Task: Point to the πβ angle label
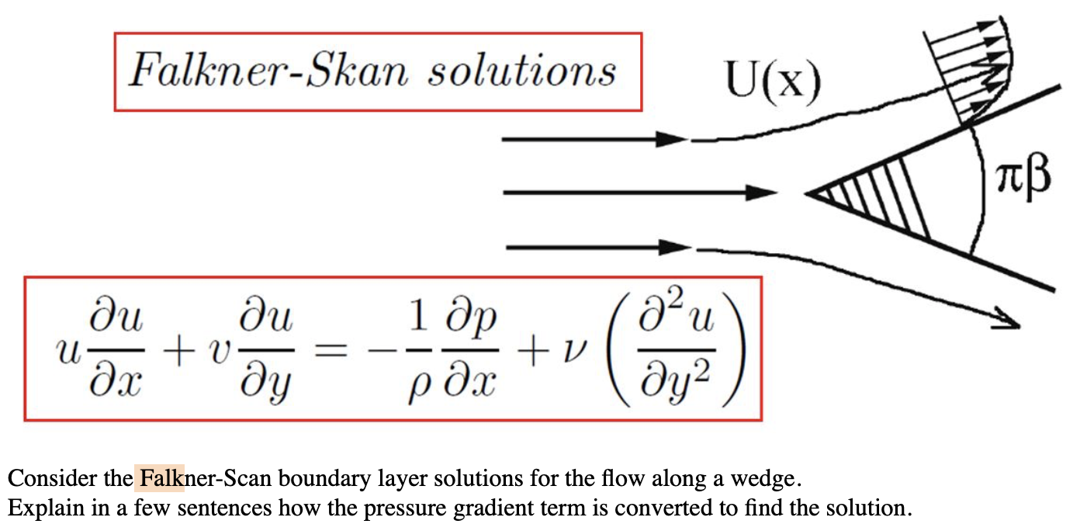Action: point(1026,176)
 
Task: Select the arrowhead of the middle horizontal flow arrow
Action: point(761,193)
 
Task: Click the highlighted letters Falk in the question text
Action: point(160,477)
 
